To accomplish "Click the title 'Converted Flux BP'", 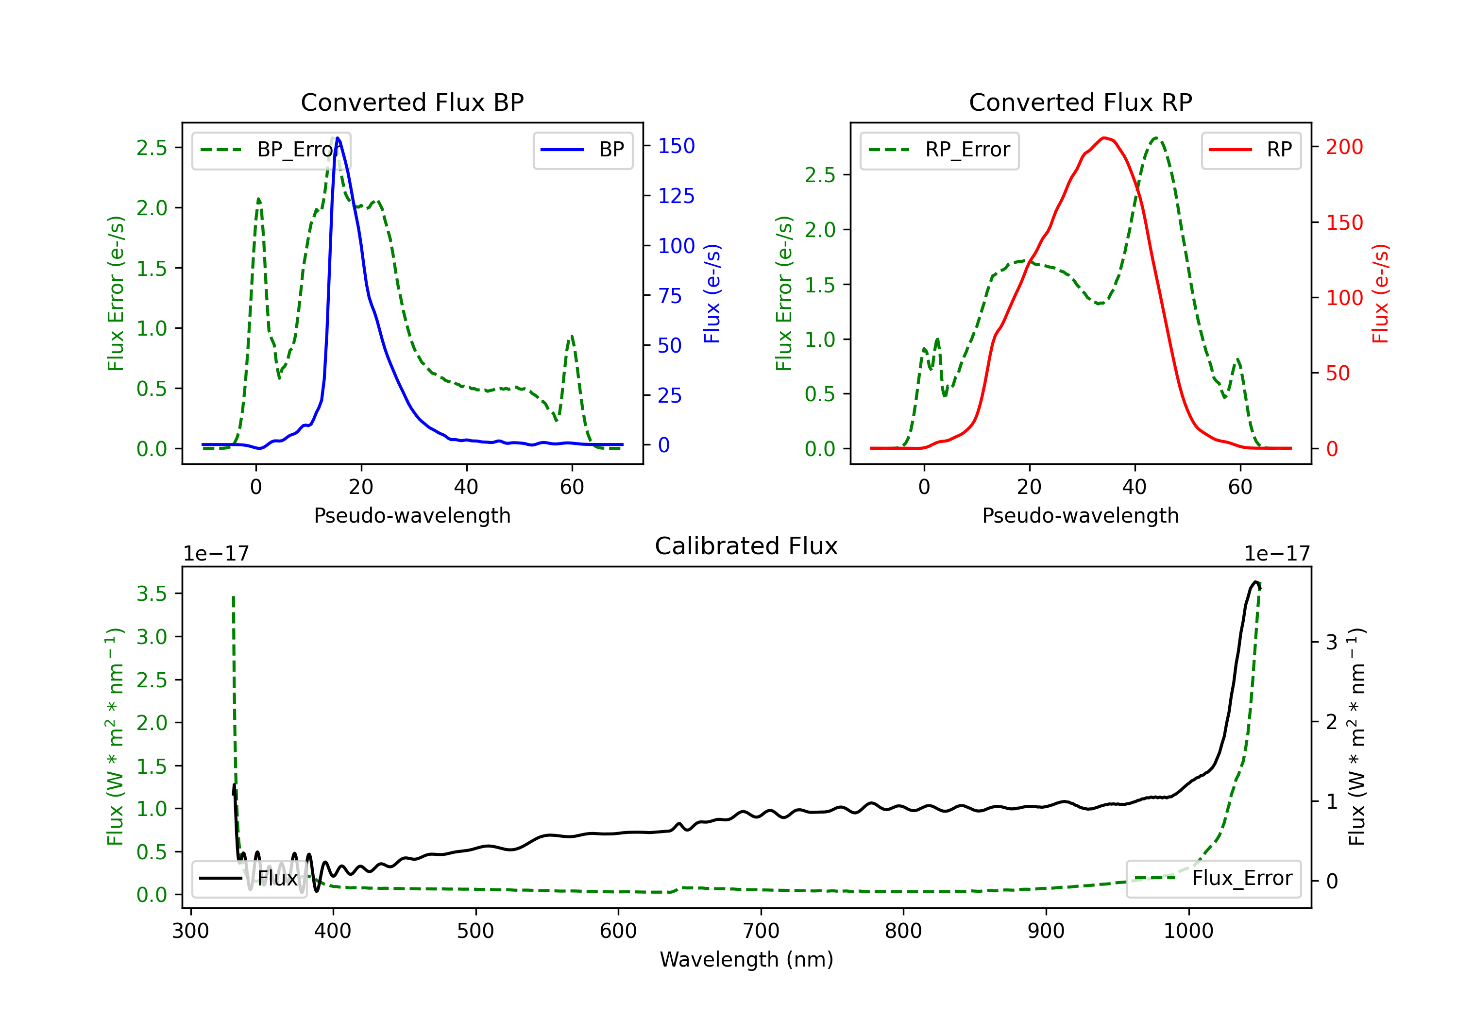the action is point(412,102).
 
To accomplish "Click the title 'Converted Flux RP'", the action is point(1081,102).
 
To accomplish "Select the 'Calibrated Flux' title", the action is point(746,546).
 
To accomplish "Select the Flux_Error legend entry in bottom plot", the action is point(1213,879).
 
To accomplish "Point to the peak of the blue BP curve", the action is point(338,138).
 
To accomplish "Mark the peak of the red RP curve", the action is point(1105,138).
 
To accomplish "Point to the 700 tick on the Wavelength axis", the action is point(761,931).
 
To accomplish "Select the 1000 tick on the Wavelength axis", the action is point(1188,931).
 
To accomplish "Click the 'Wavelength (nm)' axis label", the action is point(746,960).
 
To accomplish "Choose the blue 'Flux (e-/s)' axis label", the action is point(712,294).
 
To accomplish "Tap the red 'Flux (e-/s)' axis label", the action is point(1381,294).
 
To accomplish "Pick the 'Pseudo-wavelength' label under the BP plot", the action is point(412,515).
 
